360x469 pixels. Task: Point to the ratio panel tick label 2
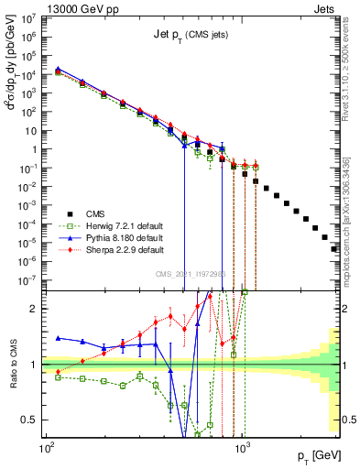click(37, 309)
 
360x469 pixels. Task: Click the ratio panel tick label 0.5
click(33, 420)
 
